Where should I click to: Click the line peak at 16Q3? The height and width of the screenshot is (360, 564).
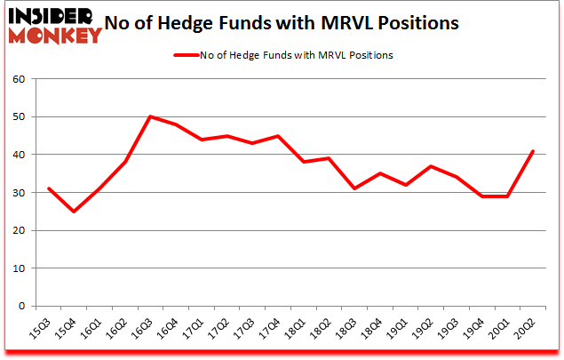pyautogui.click(x=150, y=116)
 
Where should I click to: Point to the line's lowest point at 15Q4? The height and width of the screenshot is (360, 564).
pyautogui.click(x=74, y=212)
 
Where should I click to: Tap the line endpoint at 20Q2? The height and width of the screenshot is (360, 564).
pyautogui.click(x=532, y=150)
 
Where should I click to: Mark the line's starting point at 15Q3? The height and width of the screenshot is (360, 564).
pyautogui.click(x=48, y=188)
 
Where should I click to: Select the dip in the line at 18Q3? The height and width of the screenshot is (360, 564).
pyautogui.click(x=353, y=188)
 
